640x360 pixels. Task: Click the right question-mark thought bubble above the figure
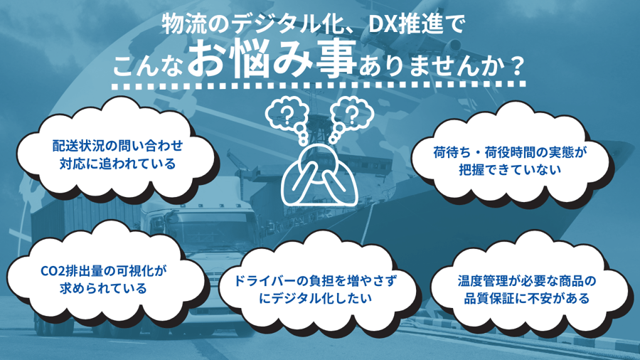click(351, 112)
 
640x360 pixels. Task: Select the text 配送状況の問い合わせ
click(117, 146)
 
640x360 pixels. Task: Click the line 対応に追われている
click(117, 164)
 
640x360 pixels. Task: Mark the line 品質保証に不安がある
click(524, 299)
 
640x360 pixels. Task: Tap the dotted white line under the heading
click(320, 85)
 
